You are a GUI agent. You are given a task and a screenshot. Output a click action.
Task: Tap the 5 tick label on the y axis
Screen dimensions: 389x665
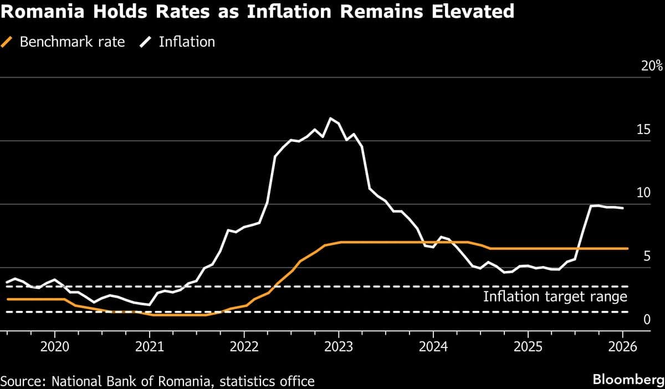[647, 256]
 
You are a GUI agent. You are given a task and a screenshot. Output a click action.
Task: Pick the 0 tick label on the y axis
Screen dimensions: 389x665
[647, 320]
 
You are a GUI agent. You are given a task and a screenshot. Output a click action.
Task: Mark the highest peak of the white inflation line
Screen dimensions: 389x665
[331, 118]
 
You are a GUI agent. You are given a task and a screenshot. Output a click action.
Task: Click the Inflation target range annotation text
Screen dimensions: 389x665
[555, 296]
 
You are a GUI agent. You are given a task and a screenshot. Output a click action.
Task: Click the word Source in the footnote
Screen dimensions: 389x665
[23, 381]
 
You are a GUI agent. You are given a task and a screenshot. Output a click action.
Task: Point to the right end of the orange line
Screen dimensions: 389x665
[627, 248]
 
